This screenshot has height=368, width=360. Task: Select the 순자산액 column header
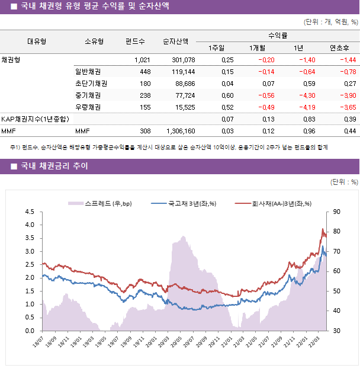pyautogui.click(x=176, y=41)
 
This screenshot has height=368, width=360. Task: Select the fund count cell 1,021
pyautogui.click(x=142, y=60)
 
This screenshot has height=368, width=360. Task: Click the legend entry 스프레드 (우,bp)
pyautogui.click(x=101, y=204)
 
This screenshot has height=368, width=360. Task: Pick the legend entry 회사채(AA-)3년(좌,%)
pyautogui.click(x=275, y=204)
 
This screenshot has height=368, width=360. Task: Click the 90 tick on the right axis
pyautogui.click(x=337, y=212)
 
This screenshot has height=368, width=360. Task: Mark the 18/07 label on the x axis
pyautogui.click(x=38, y=343)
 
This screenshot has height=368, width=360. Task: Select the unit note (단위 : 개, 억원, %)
pyautogui.click(x=330, y=22)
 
